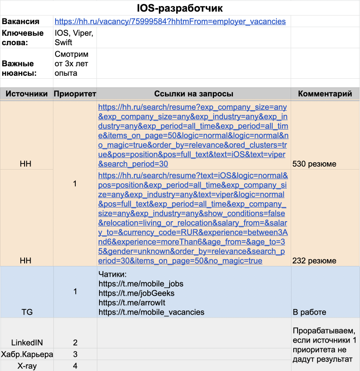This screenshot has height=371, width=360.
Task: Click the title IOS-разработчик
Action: (180, 8)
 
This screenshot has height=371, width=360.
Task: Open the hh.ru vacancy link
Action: (170, 22)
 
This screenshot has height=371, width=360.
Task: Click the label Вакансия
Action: (21, 22)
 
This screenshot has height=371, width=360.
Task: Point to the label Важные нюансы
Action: (19, 68)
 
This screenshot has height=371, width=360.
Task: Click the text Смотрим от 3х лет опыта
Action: (72, 64)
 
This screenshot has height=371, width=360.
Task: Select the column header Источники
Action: (27, 94)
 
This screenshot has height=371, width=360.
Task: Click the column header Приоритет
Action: (75, 94)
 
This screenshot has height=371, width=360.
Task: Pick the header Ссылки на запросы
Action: (194, 94)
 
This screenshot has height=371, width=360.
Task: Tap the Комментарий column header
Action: (325, 94)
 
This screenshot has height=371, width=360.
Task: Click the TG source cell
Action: (27, 312)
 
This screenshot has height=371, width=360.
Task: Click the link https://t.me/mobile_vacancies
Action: (151, 312)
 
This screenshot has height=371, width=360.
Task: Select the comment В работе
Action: (309, 312)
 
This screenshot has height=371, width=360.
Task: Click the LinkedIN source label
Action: (27, 343)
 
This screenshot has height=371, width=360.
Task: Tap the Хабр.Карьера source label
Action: (27, 354)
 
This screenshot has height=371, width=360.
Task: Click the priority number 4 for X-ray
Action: (75, 366)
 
